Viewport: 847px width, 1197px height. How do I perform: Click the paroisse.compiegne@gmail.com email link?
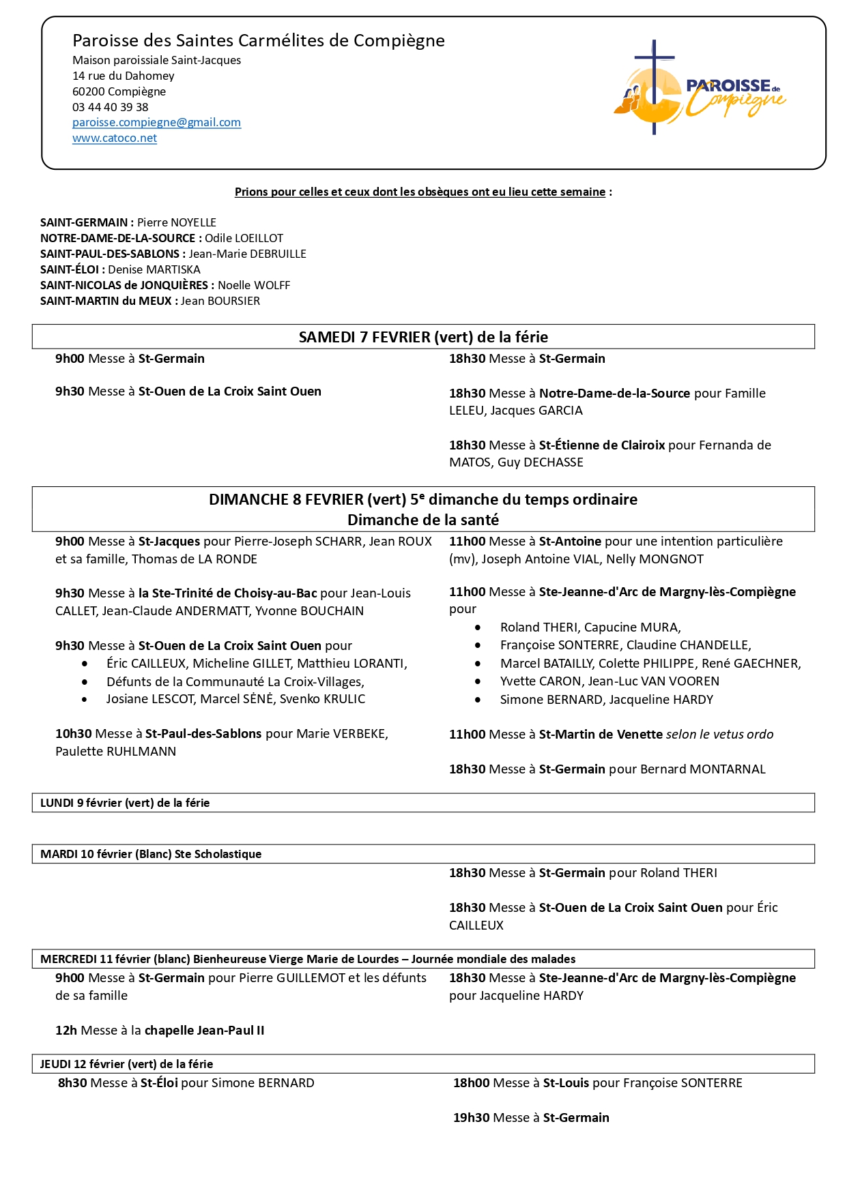156,122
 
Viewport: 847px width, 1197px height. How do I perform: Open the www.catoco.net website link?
115,138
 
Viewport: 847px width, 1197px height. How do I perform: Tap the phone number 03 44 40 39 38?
110,107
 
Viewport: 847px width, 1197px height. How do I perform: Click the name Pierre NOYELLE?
177,222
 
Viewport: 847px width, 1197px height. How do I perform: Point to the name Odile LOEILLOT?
244,238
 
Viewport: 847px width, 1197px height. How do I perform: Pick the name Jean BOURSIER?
220,301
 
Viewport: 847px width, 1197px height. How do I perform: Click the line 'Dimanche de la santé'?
423,520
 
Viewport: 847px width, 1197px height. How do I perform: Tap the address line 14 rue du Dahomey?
124,76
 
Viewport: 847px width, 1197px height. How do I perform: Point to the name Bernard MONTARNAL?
702,769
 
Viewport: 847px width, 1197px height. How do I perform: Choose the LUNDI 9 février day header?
125,803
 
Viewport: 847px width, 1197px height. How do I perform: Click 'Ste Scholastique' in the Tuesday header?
218,854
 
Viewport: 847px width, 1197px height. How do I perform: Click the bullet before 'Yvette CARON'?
478,681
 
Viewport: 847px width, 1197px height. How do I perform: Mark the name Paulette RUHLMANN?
115,752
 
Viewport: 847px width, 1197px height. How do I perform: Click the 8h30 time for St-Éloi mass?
72,1083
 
